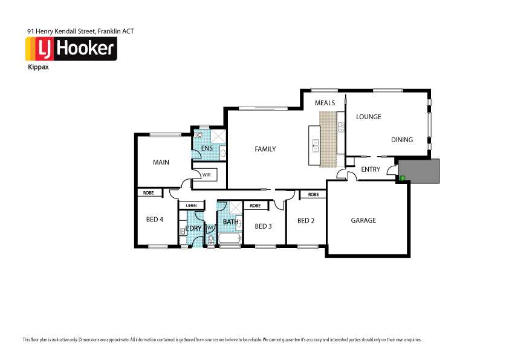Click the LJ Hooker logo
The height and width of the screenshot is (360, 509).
(x=71, y=49)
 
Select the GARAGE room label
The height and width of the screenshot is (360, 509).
(x=363, y=220)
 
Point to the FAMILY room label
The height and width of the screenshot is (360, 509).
(x=265, y=149)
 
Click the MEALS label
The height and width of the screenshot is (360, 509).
(x=325, y=103)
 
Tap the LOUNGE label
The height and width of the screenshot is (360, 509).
(x=368, y=117)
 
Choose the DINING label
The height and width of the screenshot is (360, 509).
(x=401, y=140)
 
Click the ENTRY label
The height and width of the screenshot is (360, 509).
(x=370, y=169)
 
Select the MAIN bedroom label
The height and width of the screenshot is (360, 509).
(x=161, y=162)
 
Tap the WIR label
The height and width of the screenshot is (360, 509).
(x=206, y=175)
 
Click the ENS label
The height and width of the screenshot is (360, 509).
(x=207, y=148)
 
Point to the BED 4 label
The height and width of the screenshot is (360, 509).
(x=155, y=220)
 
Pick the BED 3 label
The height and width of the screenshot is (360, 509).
(x=263, y=226)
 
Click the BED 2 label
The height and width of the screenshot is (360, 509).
(x=306, y=220)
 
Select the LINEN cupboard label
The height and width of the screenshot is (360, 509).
(x=192, y=205)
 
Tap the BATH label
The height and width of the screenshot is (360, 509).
(x=230, y=222)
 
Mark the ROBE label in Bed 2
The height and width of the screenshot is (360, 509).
(x=313, y=195)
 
